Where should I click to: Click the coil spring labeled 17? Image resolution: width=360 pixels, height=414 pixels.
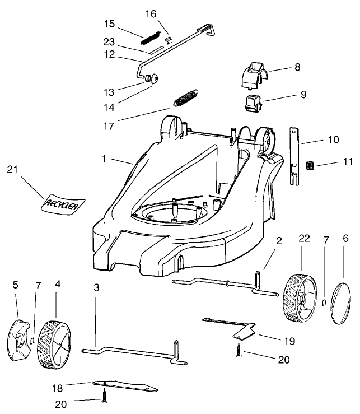tap(186, 97)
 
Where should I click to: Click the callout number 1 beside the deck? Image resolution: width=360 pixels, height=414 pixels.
tap(104, 159)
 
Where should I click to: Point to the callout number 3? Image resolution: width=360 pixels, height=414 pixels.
tap(96, 287)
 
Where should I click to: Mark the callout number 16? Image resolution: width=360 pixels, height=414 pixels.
tap(151, 13)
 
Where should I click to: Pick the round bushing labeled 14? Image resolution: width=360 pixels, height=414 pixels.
tap(150, 79)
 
